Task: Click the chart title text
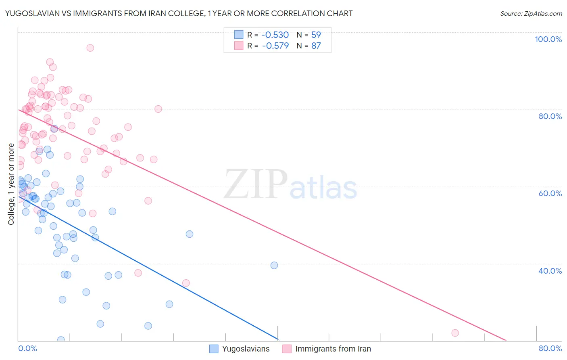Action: point(179,13)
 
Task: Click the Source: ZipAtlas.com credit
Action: point(531,13)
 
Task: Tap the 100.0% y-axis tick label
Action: point(548,39)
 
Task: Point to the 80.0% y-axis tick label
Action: point(550,116)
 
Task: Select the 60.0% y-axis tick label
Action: point(550,193)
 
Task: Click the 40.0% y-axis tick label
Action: point(550,271)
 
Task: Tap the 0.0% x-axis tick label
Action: point(28,348)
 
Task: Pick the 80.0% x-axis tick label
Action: point(550,348)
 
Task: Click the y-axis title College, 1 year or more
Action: point(11,184)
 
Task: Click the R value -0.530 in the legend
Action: point(275,35)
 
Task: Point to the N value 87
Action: point(316,46)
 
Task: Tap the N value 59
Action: point(316,35)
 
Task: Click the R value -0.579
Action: point(275,46)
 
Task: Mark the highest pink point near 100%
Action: point(90,48)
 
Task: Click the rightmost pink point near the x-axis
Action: point(455,333)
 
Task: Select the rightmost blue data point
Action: point(274,265)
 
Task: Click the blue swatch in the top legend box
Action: point(239,35)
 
